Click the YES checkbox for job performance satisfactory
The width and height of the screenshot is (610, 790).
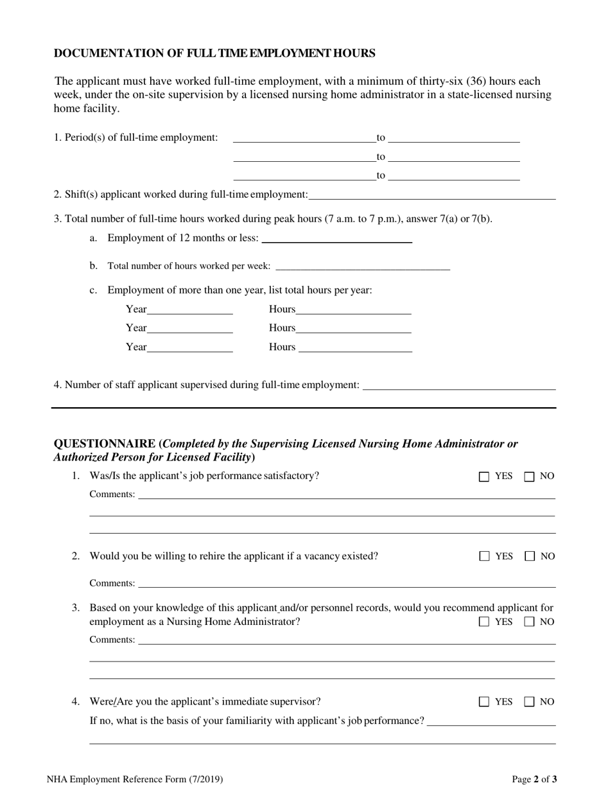tap(484, 477)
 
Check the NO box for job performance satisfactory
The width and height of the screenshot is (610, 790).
tap(530, 477)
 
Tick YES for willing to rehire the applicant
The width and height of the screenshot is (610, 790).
tap(484, 556)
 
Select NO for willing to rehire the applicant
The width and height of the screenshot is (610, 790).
tap(530, 556)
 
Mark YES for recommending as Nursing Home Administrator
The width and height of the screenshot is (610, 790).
tap(484, 622)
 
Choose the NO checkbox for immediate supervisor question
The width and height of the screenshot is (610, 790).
tap(530, 702)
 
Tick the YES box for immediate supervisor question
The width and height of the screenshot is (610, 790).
tap(484, 702)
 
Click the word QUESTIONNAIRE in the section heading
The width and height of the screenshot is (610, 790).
tap(105, 444)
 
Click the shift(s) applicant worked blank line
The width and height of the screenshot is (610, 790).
tap(431, 195)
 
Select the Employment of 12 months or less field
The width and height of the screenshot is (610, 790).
tap(337, 238)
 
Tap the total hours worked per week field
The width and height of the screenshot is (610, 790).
tap(362, 266)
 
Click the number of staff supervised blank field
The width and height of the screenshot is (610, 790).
tap(459, 385)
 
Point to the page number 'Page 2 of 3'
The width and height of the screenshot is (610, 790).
tap(534, 780)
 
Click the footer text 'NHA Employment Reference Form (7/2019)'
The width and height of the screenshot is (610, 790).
tap(135, 780)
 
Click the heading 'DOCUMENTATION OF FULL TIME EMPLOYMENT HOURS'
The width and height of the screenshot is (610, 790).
tap(214, 53)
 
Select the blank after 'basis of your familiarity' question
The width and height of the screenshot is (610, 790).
tap(491, 721)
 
